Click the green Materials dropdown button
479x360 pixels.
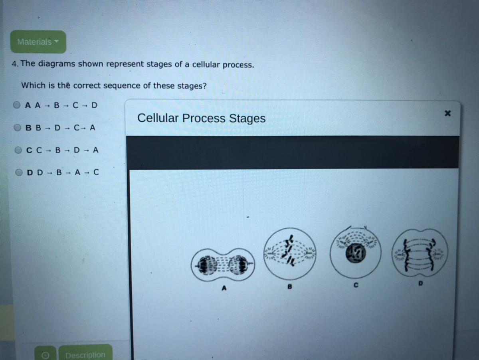(x=38, y=42)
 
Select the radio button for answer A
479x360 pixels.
(x=17, y=105)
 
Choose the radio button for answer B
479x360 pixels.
(x=18, y=127)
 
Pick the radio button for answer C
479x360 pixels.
(x=18, y=150)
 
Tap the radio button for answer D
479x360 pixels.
(x=19, y=172)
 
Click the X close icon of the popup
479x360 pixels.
(x=447, y=113)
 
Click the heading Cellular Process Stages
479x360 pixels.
(x=201, y=118)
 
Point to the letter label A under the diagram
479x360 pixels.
(x=224, y=288)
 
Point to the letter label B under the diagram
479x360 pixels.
(x=289, y=287)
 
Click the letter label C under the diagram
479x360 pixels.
(x=356, y=285)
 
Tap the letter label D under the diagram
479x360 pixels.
(x=420, y=283)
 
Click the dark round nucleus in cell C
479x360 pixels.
(x=356, y=253)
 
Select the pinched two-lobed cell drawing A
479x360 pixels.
(x=223, y=265)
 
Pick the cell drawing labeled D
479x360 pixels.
(x=420, y=253)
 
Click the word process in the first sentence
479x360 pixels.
(x=238, y=65)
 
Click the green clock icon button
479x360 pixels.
(x=45, y=354)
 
